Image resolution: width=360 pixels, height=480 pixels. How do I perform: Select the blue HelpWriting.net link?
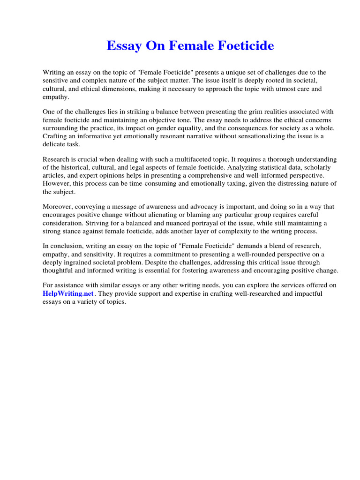[x=69, y=293]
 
